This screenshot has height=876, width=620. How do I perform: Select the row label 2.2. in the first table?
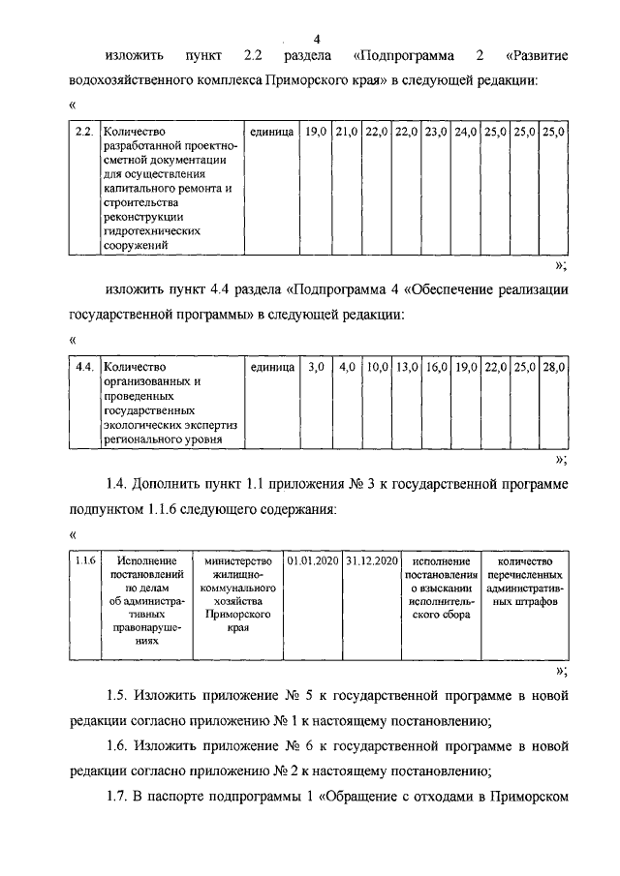tap(84, 131)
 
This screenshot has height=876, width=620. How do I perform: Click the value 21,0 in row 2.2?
tap(348, 131)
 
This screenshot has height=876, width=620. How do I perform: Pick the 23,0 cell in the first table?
tap(435, 131)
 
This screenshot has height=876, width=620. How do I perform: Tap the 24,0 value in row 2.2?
tap(466, 131)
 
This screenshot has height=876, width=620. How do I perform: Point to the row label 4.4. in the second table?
tap(84, 367)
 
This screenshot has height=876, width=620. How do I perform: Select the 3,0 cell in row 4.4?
tap(317, 367)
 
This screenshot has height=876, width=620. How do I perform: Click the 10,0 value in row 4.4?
tap(377, 367)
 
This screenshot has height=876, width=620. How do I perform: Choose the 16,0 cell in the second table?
tap(436, 367)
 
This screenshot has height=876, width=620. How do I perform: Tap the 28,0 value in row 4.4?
tap(554, 367)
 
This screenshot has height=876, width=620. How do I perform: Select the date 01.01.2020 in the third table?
tap(313, 560)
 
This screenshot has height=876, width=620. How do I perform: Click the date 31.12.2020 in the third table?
tap(371, 560)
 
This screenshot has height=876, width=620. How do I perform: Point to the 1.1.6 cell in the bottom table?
tap(84, 560)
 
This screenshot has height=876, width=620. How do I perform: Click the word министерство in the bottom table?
tap(237, 560)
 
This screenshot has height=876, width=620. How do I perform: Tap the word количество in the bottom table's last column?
tap(524, 560)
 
